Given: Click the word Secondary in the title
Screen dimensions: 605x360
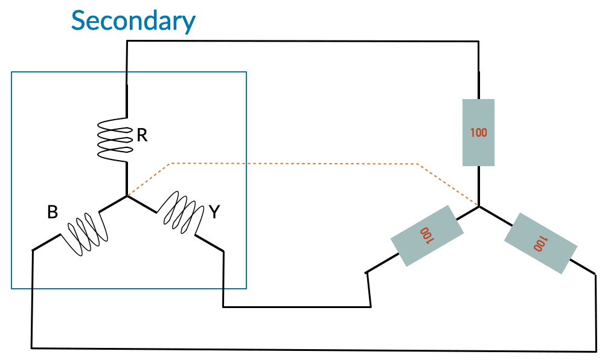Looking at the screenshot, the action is pyautogui.click(x=133, y=21).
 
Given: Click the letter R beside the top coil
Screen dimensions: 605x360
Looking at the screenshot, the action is pyautogui.click(x=142, y=135).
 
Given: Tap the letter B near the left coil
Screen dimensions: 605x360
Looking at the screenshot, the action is pyautogui.click(x=53, y=212).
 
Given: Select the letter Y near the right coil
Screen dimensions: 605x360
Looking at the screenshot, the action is pyautogui.click(x=214, y=212).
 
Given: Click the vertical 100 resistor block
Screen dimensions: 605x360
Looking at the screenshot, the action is pyautogui.click(x=478, y=132).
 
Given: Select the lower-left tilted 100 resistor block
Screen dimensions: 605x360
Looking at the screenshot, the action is pyautogui.click(x=427, y=236).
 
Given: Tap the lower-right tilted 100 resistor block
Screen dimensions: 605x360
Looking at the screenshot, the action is pyautogui.click(x=540, y=243).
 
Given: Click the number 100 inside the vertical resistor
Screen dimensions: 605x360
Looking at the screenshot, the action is pyautogui.click(x=478, y=133).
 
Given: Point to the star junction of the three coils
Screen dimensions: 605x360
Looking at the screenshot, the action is pyautogui.click(x=127, y=196).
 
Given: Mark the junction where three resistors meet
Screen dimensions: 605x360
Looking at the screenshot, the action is pyautogui.click(x=479, y=207).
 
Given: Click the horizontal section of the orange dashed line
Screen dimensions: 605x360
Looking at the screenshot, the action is pyautogui.click(x=294, y=164).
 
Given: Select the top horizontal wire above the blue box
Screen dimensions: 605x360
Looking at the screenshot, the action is pyautogui.click(x=303, y=41).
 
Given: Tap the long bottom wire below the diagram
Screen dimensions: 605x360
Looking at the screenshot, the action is pyautogui.click(x=314, y=350).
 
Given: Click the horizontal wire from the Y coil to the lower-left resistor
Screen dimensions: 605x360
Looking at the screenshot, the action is pyautogui.click(x=296, y=307).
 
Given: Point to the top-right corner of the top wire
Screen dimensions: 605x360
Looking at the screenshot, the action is pyautogui.click(x=479, y=41).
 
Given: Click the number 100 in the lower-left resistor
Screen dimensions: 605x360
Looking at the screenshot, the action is pyautogui.click(x=427, y=236).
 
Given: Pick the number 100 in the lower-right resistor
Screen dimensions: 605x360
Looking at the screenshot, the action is pyautogui.click(x=540, y=243).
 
